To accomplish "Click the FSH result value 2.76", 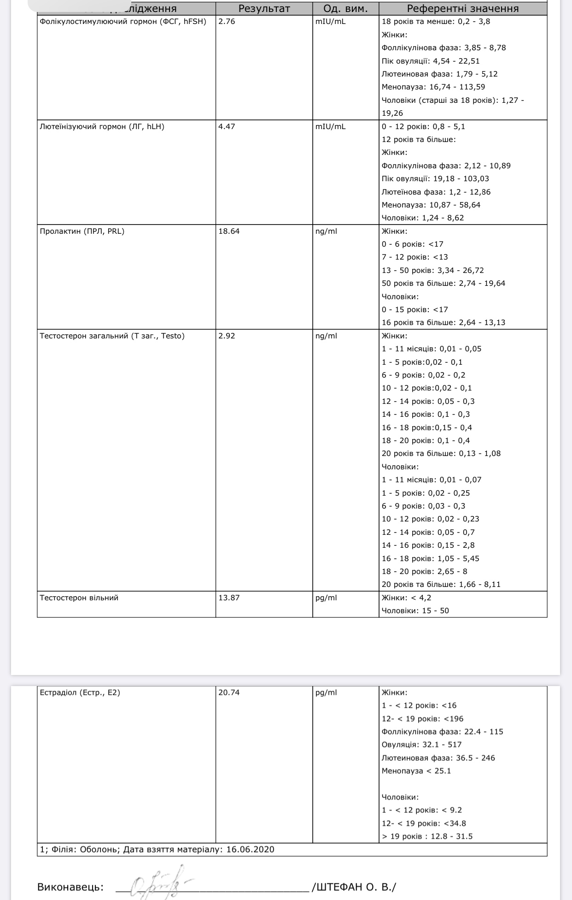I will point(227,22).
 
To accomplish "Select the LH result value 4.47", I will point(227,126).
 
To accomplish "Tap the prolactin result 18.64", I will point(229,231).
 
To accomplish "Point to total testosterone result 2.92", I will point(227,336).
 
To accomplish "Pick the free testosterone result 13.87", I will point(229,598).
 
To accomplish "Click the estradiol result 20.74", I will point(229,692).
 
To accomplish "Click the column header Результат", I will point(264,9).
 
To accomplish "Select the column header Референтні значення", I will point(462,9).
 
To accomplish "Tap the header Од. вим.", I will point(345,9).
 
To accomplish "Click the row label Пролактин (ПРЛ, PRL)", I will point(82,231).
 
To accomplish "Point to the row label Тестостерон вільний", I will point(79,598).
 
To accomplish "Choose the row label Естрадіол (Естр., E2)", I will point(80,692).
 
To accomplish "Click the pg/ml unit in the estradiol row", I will point(326,692).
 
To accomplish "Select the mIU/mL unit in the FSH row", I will point(330,22).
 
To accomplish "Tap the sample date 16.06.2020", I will point(250,849).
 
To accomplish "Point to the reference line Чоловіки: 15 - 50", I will point(415,610).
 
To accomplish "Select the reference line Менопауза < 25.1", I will point(416,770).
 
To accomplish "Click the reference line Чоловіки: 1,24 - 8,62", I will point(422,218).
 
